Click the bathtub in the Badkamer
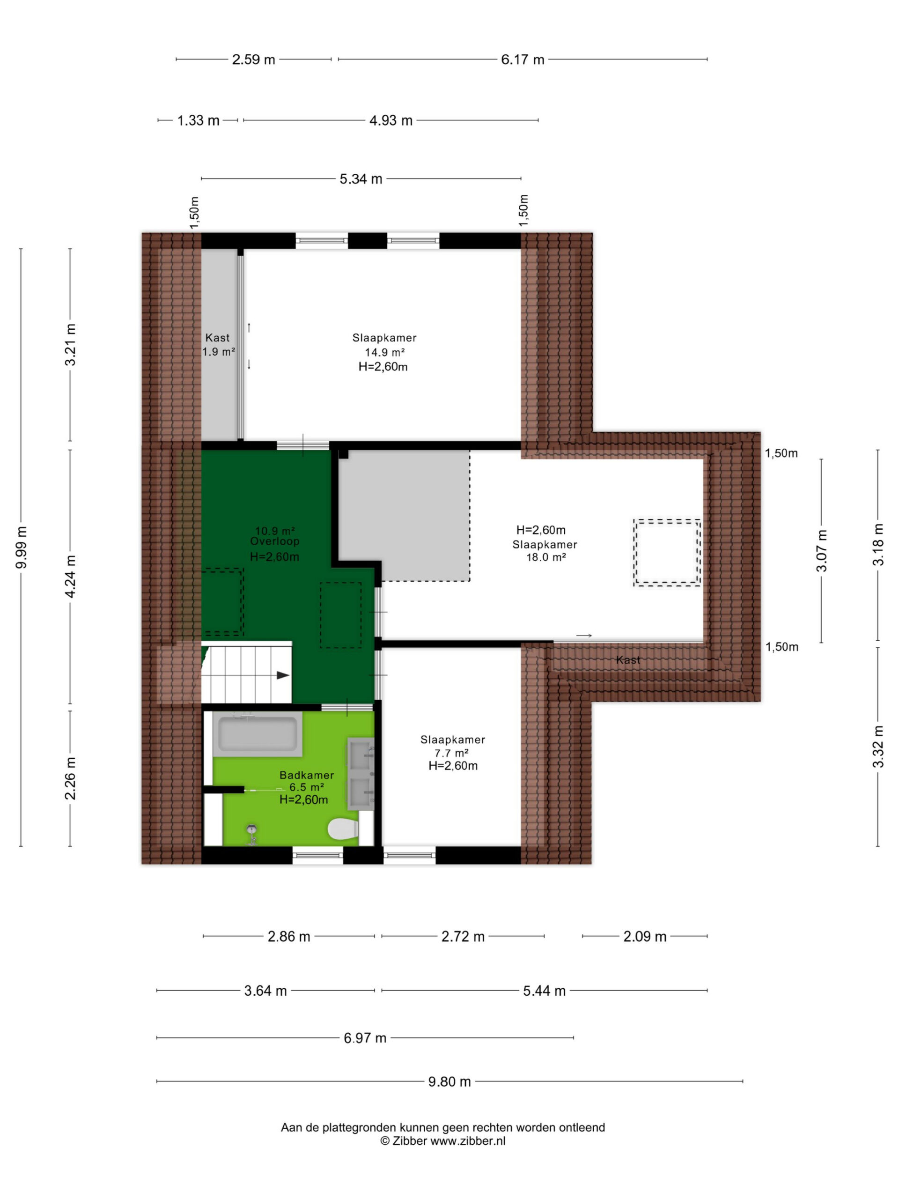pyautogui.click(x=258, y=734)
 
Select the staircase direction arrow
pyautogui.click(x=283, y=675)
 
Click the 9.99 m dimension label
pyautogui.click(x=22, y=547)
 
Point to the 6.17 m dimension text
pyautogui.click(x=523, y=59)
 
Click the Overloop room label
pyautogui.click(x=275, y=541)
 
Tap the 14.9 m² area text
pyautogui.click(x=385, y=352)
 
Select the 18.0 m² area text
pyautogui.click(x=546, y=557)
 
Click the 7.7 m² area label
pyautogui.click(x=451, y=753)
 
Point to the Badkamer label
pyautogui.click(x=307, y=775)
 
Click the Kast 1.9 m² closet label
pyautogui.click(x=218, y=345)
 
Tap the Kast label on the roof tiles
pyautogui.click(x=628, y=659)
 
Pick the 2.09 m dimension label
pyautogui.click(x=645, y=937)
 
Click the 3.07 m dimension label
pyautogui.click(x=822, y=551)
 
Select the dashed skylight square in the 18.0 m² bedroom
pyautogui.click(x=667, y=553)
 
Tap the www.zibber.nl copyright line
pyautogui.click(x=443, y=1140)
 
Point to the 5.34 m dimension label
pyautogui.click(x=361, y=179)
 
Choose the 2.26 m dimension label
pyautogui.click(x=70, y=778)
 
